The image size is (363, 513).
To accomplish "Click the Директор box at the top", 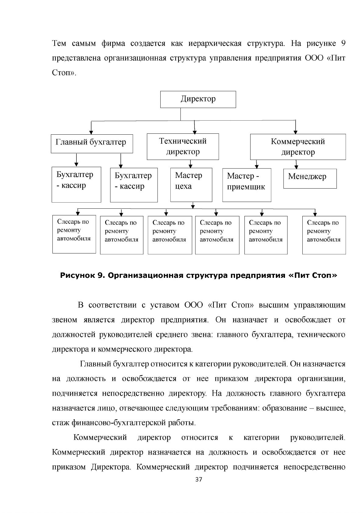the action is coord(198,99).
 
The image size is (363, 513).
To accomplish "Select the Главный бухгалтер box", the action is coord(92,143).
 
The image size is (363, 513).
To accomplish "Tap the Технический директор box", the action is coord(183,147).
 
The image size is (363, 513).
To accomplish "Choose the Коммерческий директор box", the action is coord(298,147).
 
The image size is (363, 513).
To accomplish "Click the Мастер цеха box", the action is coord(191,185).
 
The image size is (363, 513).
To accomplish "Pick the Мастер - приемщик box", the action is coord(247,185).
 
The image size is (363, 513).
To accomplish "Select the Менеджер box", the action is coord(310,179).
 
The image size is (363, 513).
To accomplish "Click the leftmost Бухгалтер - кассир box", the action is coord(76,185).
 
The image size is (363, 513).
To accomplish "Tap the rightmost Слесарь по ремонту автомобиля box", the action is coord(324,235).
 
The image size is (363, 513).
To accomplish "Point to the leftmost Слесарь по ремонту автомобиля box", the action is coord(74,234).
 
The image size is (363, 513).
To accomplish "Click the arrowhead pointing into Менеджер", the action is coord(297,167).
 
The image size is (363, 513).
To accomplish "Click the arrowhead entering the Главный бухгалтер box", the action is coord(91,133).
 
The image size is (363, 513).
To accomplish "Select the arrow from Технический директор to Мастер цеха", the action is coord(190,164).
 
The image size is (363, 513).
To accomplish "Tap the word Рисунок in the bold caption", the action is coord(77,275).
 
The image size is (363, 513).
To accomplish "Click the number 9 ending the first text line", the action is coord(343,43).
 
